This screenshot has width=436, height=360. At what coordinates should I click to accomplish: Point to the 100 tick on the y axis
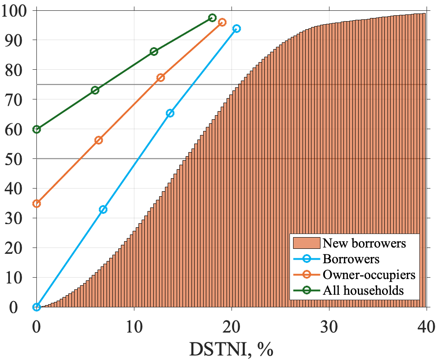pos(17,10)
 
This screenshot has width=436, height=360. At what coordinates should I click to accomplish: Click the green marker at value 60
pos(36,129)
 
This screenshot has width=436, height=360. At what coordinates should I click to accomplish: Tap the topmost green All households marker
pos(213,18)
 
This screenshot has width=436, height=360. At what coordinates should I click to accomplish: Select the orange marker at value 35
pos(36,203)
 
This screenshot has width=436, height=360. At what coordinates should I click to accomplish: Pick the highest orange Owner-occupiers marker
pos(222,22)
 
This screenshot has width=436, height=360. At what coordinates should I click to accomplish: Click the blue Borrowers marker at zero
pos(36,307)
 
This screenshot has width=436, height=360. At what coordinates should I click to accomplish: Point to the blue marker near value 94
pos(236,28)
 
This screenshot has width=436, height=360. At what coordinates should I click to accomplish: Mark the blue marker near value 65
pos(170,113)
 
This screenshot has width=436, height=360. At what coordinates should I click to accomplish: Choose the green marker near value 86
pos(154,51)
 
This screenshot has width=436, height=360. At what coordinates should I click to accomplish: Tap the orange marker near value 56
pos(98,140)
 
